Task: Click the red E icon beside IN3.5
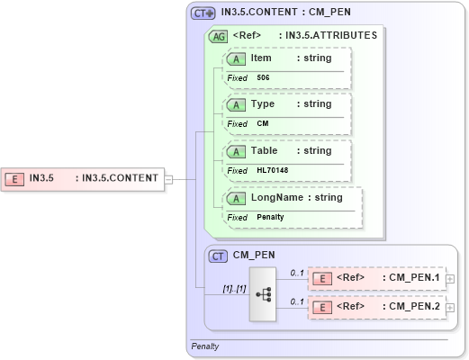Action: tap(15, 179)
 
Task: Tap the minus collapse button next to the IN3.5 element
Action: tap(168, 179)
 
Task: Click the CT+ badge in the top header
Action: tap(203, 13)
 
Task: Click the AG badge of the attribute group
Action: tap(218, 37)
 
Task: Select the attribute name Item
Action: tap(261, 58)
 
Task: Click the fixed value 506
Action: tap(263, 78)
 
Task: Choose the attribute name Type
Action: tap(262, 104)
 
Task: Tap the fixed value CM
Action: tap(263, 124)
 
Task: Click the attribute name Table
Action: tap(264, 151)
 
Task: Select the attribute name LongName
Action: tap(277, 197)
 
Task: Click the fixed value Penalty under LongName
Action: tap(270, 217)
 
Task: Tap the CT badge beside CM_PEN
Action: tap(218, 256)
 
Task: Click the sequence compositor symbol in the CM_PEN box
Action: tap(264, 293)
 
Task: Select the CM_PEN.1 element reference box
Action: tap(377, 278)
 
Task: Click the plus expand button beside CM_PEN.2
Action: tap(450, 308)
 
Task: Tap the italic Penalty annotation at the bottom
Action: tap(206, 346)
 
